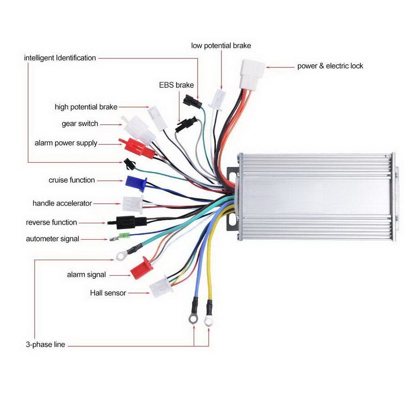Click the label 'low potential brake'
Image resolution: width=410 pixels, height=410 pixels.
coord(221,46)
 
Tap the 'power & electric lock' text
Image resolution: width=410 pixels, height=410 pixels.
coord(330,66)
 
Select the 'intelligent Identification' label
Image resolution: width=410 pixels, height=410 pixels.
coord(60,58)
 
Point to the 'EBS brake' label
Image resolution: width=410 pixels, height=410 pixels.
coord(176,85)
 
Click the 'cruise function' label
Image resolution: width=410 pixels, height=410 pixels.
coord(72,180)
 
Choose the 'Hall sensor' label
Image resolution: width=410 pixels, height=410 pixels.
coord(108,293)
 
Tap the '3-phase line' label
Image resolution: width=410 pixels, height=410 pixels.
coord(46,344)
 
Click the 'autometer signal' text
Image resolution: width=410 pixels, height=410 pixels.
coord(52,239)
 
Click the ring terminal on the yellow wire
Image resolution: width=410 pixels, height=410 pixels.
coord(209,322)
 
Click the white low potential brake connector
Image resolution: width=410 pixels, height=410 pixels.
coord(218,99)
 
